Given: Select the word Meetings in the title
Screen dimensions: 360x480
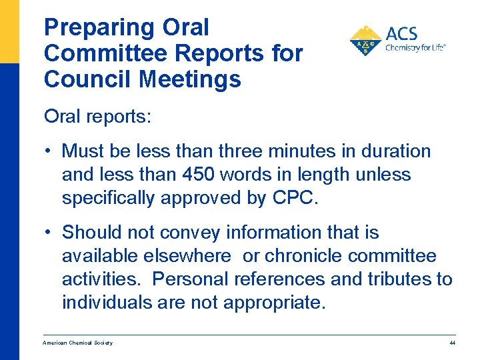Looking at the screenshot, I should [x=191, y=79].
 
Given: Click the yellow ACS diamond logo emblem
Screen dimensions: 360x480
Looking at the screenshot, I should [x=365, y=41].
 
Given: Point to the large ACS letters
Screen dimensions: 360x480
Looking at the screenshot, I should [x=403, y=33].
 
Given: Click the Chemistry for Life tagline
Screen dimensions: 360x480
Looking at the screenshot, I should [x=415, y=48].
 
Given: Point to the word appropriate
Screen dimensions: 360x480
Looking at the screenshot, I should [x=275, y=303].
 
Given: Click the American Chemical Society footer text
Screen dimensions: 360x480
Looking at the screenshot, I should [x=77, y=343].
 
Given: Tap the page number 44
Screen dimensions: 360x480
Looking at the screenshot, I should [x=452, y=343].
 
